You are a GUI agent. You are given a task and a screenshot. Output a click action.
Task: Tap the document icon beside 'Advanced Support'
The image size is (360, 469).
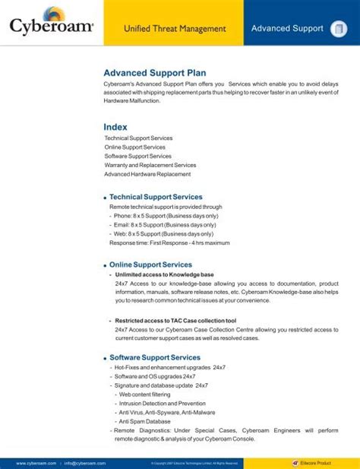(x=337, y=30)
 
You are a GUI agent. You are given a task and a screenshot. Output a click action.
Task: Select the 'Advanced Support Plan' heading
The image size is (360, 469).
(x=155, y=72)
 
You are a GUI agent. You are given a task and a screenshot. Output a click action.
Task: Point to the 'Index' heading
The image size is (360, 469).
(x=115, y=126)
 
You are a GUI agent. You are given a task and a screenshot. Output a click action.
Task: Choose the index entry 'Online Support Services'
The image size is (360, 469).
(x=134, y=147)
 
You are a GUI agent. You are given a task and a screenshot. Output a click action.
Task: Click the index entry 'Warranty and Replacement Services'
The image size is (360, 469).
(x=150, y=165)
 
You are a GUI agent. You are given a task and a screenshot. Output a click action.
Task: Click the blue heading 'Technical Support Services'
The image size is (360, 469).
(x=156, y=197)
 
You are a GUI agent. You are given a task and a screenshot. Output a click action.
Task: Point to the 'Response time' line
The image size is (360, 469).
(x=169, y=243)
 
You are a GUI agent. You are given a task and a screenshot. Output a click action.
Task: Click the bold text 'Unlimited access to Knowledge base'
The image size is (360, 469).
(x=164, y=274)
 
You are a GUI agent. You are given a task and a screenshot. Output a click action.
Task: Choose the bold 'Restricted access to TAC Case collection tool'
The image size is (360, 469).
(x=175, y=321)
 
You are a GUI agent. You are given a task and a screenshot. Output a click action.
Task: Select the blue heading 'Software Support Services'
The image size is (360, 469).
(x=155, y=357)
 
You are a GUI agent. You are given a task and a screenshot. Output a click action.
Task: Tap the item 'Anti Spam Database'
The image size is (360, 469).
(x=144, y=421)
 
